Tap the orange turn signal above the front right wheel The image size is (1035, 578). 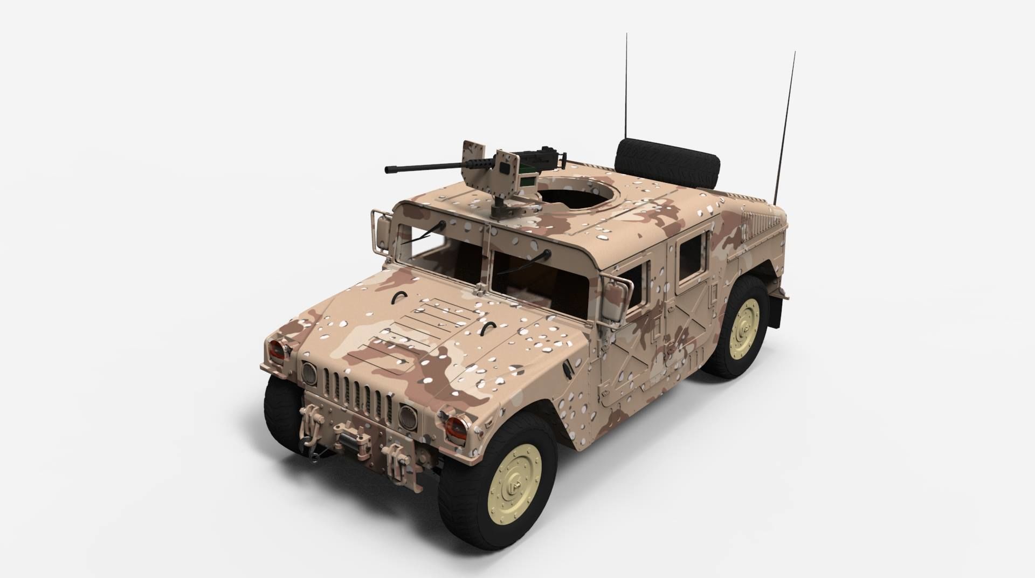[456, 426]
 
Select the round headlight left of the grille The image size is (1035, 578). [309, 372]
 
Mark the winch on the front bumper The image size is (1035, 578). [348, 431]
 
